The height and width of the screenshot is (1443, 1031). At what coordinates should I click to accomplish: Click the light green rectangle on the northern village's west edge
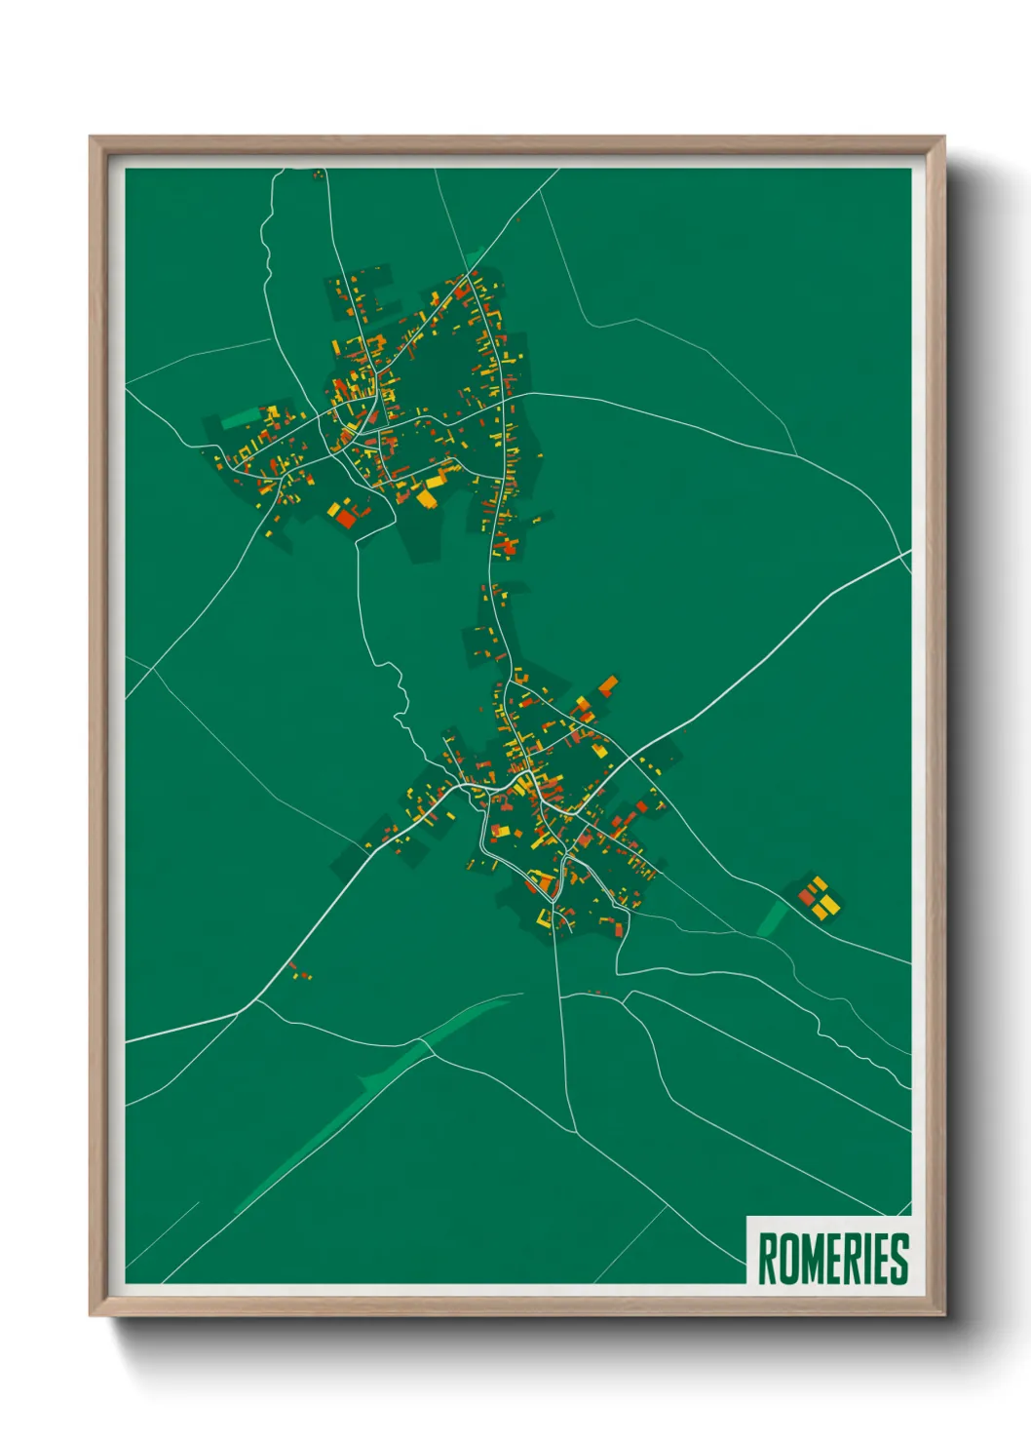[x=239, y=420]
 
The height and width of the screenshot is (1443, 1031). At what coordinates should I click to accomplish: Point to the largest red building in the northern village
[x=346, y=519]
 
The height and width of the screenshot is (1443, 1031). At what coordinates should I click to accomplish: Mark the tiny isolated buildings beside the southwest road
[x=300, y=972]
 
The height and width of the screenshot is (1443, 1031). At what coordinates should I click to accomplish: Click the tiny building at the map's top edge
[x=317, y=175]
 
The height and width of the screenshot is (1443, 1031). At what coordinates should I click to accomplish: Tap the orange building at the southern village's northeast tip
[x=608, y=684]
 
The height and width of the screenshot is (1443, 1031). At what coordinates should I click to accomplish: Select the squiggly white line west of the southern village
[x=400, y=702]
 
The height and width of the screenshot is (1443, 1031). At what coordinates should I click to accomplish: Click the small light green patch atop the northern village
[x=473, y=259]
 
